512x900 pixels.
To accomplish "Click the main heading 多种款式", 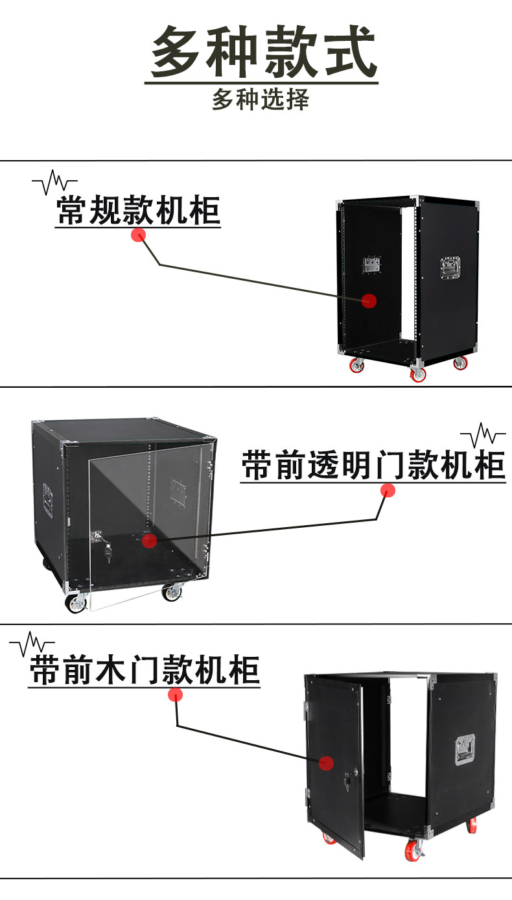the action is (263, 51).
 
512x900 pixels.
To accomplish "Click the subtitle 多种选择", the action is (261, 100).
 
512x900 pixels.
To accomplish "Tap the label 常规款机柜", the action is (138, 210).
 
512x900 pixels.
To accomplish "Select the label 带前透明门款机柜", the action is (373, 465).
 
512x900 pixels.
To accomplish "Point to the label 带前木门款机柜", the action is (145, 670).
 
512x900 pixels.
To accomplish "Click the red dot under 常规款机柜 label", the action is (138, 235).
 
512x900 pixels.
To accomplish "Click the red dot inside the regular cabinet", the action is (369, 300).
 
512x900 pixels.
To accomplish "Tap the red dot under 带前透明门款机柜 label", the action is (388, 490).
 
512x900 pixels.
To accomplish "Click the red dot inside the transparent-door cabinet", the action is (149, 541).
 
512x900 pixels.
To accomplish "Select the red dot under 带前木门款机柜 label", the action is (176, 694).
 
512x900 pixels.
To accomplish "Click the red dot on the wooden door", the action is (327, 763).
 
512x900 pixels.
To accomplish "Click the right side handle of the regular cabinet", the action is (450, 268).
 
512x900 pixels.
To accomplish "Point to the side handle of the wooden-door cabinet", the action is (465, 750).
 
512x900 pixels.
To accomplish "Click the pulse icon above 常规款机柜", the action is (54, 182).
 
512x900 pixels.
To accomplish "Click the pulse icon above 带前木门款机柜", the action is (32, 644).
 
